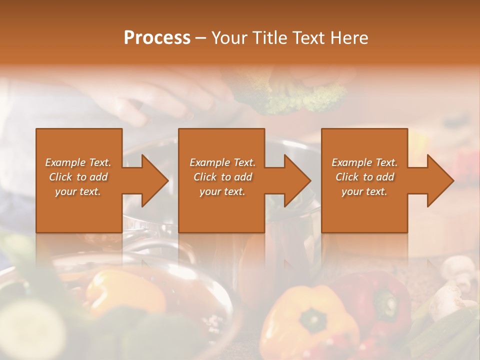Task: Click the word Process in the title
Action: point(157,38)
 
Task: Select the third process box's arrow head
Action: point(440,180)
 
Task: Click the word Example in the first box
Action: point(65,162)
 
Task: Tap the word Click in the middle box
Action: point(204,177)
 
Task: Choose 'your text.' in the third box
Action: point(364,191)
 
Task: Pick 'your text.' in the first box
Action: point(78,191)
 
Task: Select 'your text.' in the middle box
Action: point(222,191)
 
